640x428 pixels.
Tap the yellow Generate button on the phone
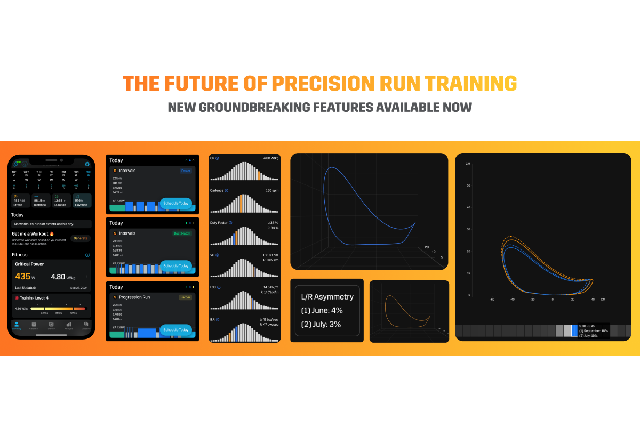coord(81,238)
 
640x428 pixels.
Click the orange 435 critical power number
coord(23,277)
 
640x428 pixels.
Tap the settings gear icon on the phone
coord(87,164)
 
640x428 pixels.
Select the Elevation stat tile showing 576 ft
coord(83,200)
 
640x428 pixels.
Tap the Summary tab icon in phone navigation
coord(17,325)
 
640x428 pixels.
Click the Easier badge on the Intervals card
coord(186,171)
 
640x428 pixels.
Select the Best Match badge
coord(181,233)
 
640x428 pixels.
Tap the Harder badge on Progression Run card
coord(185,297)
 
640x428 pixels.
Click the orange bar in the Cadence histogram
coord(241,204)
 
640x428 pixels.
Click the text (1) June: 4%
coord(322,310)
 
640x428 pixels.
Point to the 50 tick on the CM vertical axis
coord(468,185)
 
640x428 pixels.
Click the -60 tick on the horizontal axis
coord(492,300)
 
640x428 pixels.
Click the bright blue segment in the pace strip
coord(574,330)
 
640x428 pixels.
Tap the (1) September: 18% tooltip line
coord(593,330)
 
